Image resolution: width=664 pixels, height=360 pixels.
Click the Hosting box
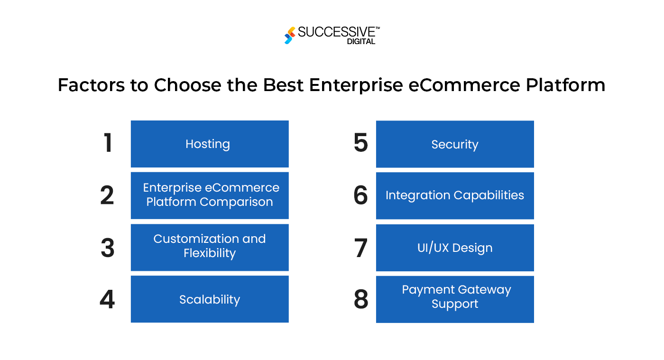point(209,144)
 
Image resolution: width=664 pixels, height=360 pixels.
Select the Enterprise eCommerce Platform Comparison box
point(209,195)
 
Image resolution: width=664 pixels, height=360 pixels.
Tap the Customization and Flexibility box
point(209,247)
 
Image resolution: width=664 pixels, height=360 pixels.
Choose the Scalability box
point(209,299)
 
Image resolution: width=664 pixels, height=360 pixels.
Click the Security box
point(454,144)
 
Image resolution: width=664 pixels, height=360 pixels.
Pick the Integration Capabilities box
point(454,195)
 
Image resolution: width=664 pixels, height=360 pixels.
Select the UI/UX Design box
point(454,248)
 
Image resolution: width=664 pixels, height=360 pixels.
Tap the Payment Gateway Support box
point(454,299)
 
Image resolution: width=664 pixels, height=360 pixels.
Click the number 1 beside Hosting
point(108,143)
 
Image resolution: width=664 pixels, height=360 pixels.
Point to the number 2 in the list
point(107,195)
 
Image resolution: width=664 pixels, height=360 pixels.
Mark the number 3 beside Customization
point(108,248)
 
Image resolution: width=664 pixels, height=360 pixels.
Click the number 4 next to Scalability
point(107,300)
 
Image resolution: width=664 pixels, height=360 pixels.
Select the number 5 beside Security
point(361,143)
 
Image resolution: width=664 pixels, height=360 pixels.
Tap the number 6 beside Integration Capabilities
point(361,195)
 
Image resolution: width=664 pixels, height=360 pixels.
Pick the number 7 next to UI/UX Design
point(361,248)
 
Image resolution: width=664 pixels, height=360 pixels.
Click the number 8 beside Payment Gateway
point(361,300)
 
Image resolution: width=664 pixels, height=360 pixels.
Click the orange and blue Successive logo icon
point(289,36)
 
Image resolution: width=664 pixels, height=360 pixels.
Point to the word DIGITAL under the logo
point(361,42)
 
